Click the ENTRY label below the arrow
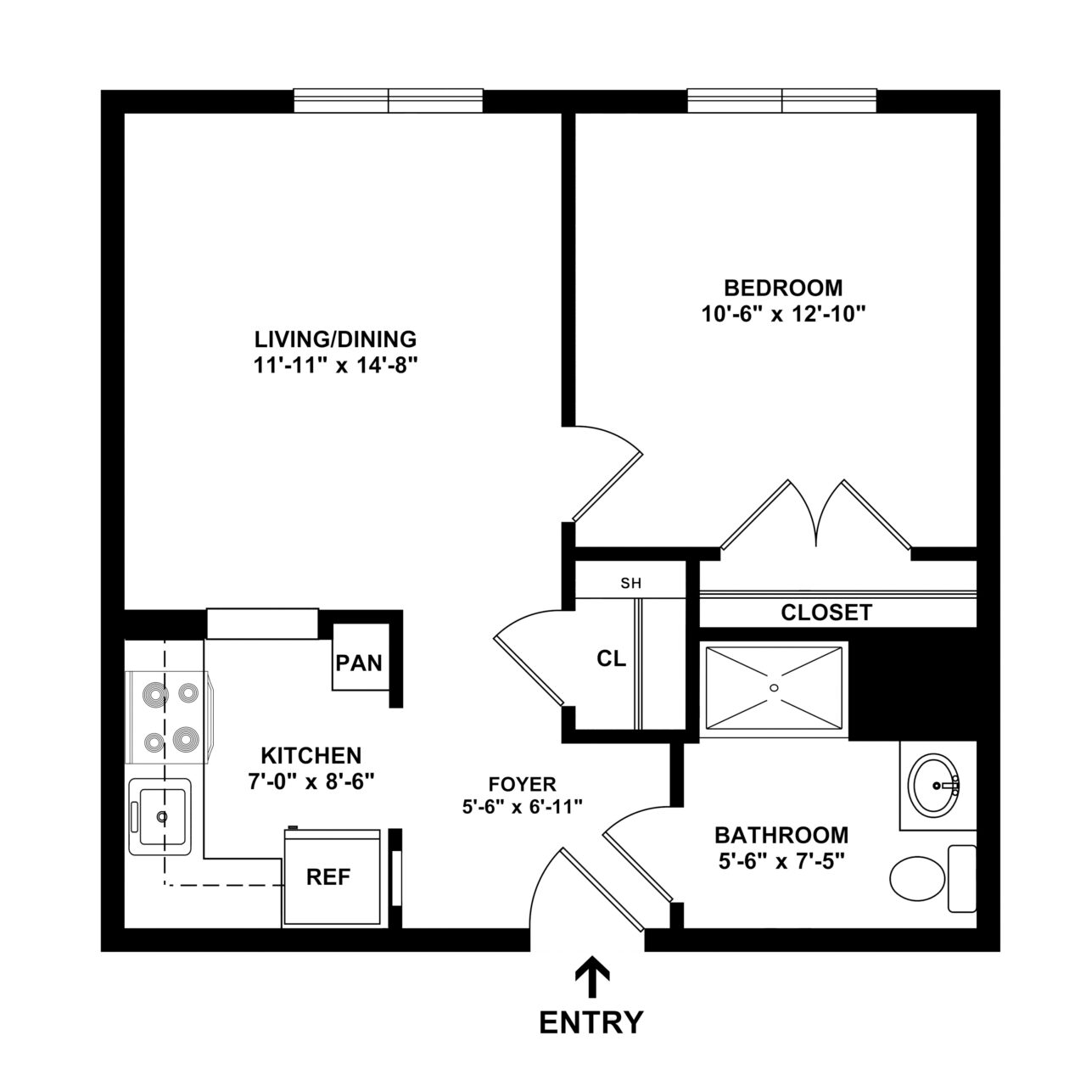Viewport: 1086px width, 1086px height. coord(591,1022)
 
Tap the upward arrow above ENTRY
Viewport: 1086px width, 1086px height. coord(591,976)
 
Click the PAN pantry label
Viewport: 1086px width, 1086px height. coord(360,662)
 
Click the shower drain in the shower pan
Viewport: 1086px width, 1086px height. coord(774,687)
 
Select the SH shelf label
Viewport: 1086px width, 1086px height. coord(630,584)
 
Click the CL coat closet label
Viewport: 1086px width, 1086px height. coord(612,658)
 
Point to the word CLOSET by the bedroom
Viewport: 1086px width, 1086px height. coord(826,613)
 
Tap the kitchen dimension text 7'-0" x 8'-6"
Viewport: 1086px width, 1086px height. coord(311,781)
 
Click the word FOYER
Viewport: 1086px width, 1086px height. coord(522,784)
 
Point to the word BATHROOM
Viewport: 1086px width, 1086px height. coord(781,835)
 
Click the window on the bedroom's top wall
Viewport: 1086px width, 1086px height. coord(781,101)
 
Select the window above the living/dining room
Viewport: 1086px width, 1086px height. coord(389,101)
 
